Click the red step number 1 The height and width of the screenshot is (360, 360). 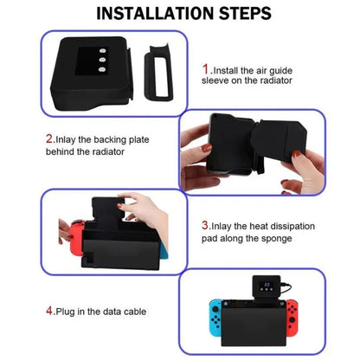206,67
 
